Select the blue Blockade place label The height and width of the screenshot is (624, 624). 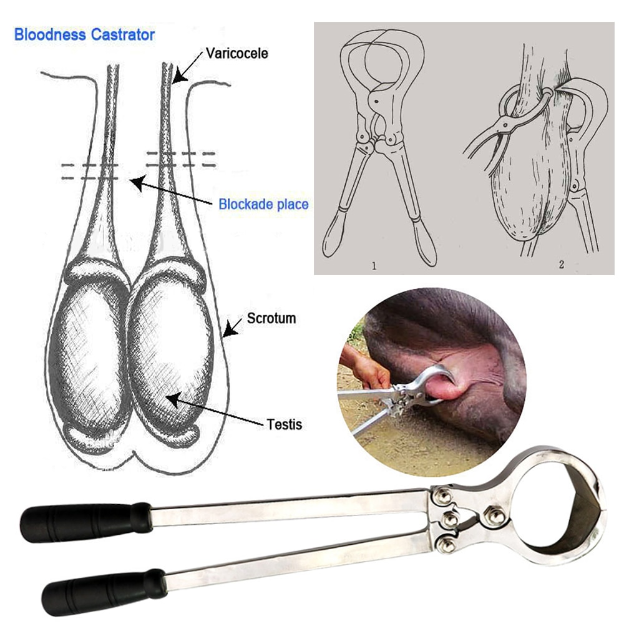[x=263, y=204]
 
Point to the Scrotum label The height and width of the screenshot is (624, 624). [x=271, y=318]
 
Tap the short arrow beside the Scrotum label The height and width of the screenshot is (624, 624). [x=232, y=326]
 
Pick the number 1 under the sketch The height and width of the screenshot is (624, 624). [x=374, y=265]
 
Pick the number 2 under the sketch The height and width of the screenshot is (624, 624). [x=561, y=265]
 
